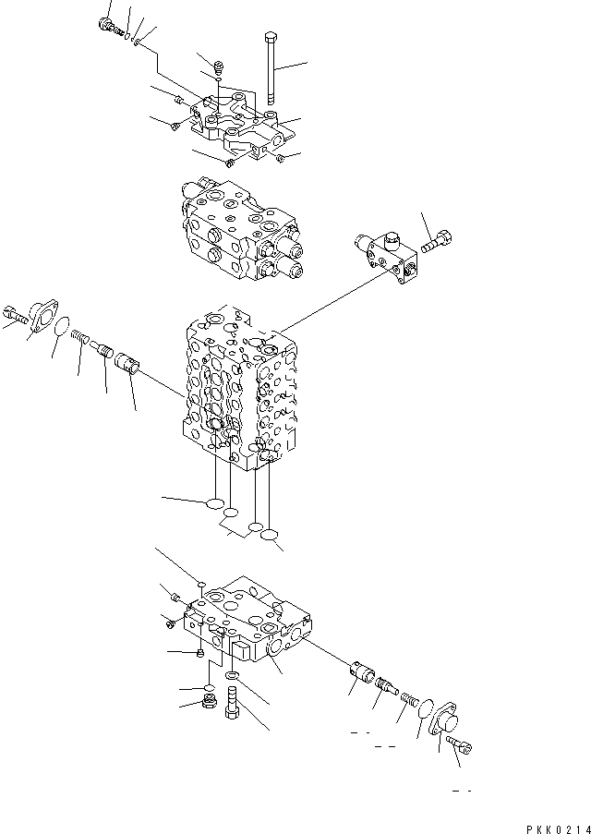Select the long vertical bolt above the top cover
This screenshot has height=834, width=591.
(x=270, y=69)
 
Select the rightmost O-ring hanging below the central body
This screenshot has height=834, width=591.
(x=270, y=535)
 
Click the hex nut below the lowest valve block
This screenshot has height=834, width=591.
(x=209, y=707)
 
